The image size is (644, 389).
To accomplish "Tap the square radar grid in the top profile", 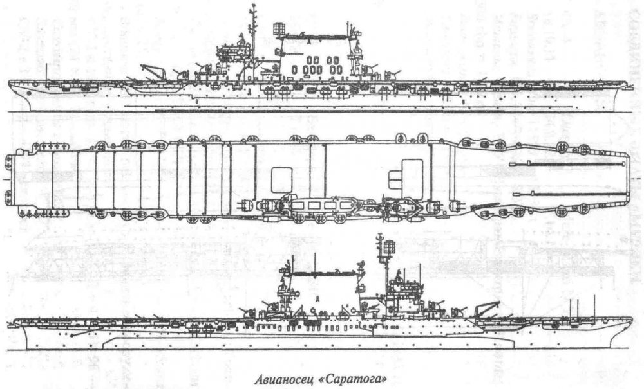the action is click(x=279, y=29).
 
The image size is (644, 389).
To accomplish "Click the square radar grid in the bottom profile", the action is click(x=388, y=248).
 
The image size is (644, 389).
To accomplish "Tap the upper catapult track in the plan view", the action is click(x=567, y=164).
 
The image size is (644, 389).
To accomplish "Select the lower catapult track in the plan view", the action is click(x=571, y=193).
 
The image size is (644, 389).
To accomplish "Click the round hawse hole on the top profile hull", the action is click(x=27, y=93).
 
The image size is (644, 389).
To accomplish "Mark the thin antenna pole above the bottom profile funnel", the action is click(x=315, y=266).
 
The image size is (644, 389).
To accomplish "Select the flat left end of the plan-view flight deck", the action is click(x=14, y=179).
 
